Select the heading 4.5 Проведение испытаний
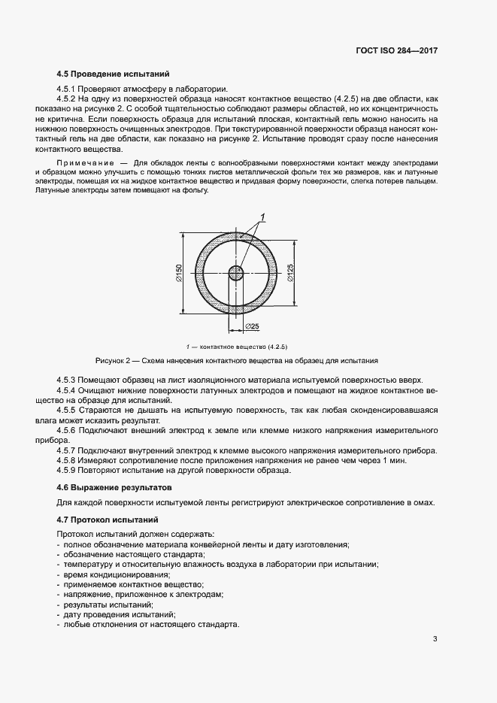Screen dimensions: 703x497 point(113,74)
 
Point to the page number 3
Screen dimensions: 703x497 point(435,639)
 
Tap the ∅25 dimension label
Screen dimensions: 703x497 point(252,326)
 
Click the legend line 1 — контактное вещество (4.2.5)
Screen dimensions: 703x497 point(236,347)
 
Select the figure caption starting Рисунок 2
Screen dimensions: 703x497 point(236,361)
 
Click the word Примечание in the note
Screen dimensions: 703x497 point(81,162)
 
